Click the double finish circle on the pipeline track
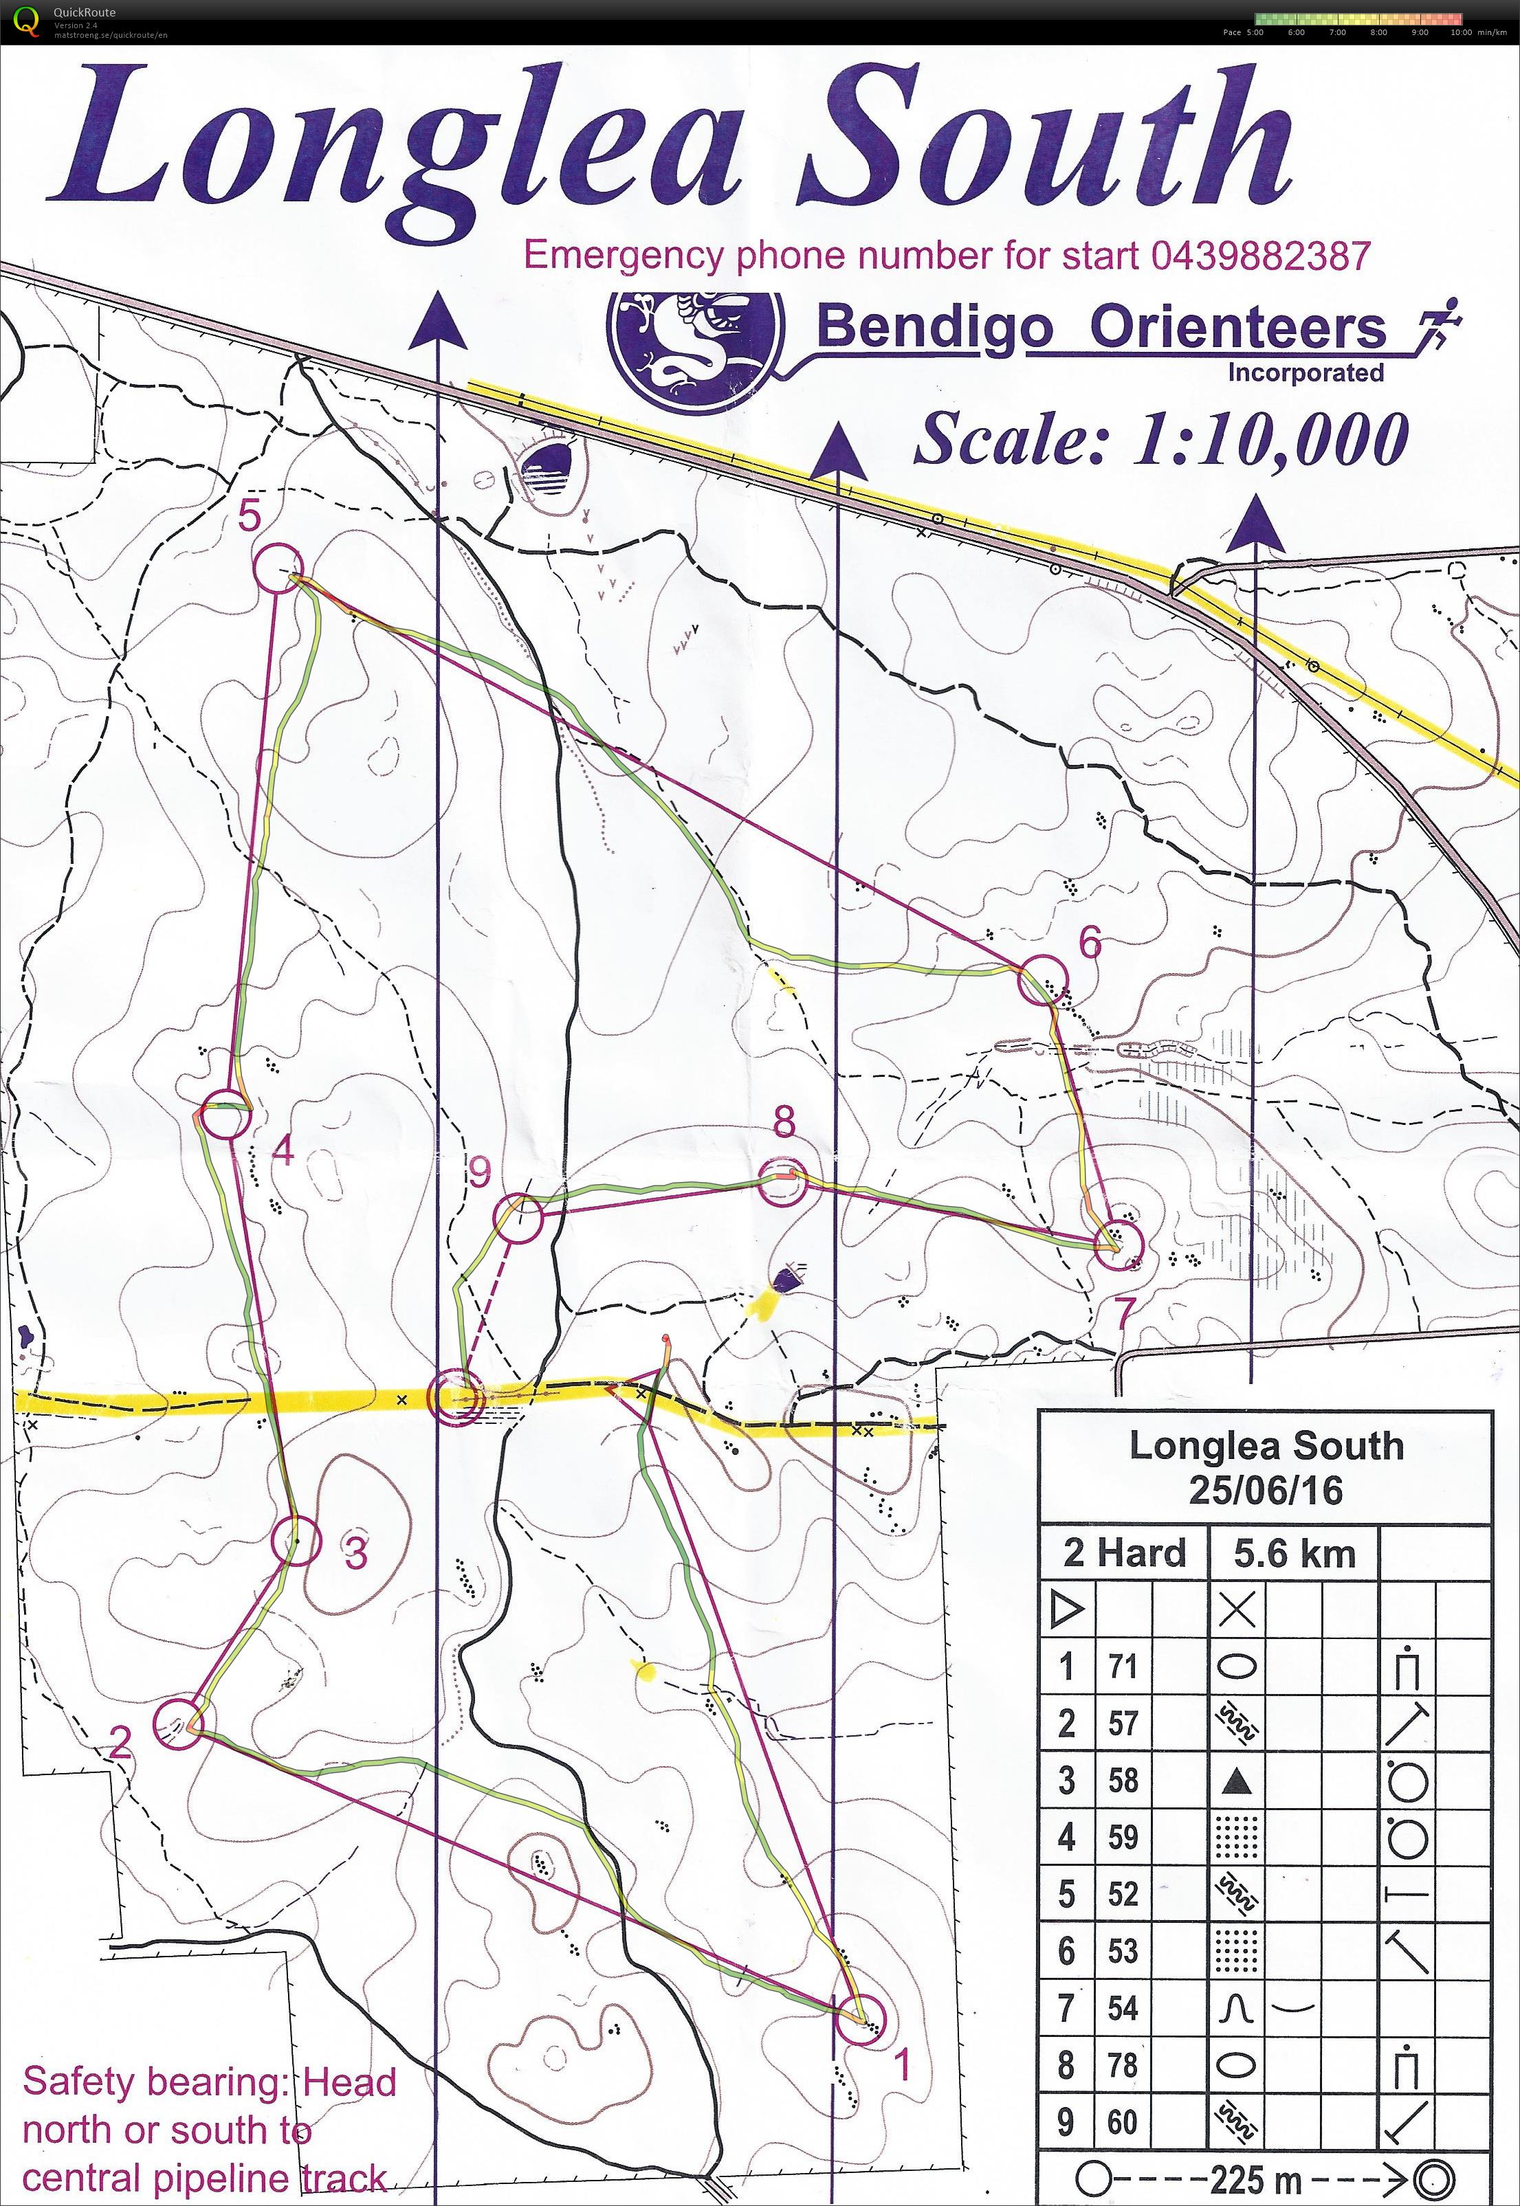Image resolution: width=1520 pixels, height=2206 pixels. (454, 1396)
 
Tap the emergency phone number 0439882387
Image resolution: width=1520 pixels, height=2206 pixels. (1260, 255)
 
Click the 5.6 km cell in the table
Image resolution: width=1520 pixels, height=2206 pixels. (1293, 1553)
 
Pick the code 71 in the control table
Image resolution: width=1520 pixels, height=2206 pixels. (1123, 1666)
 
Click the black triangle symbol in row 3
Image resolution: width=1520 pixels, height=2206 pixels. (1236, 1779)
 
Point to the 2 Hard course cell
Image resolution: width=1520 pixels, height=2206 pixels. (1124, 1553)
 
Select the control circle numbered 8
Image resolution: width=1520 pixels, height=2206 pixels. (783, 1183)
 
